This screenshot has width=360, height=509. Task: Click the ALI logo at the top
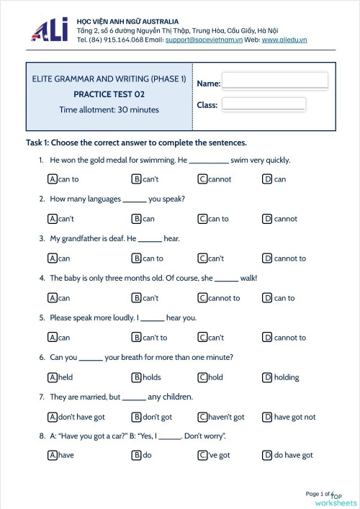50,30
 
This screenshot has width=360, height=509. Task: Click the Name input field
274,80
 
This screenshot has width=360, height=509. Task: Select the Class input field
264,104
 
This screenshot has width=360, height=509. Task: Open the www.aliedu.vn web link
284,40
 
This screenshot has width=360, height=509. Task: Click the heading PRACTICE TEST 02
109,94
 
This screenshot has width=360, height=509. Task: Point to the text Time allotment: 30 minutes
109,109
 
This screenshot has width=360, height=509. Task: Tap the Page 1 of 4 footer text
319,494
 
